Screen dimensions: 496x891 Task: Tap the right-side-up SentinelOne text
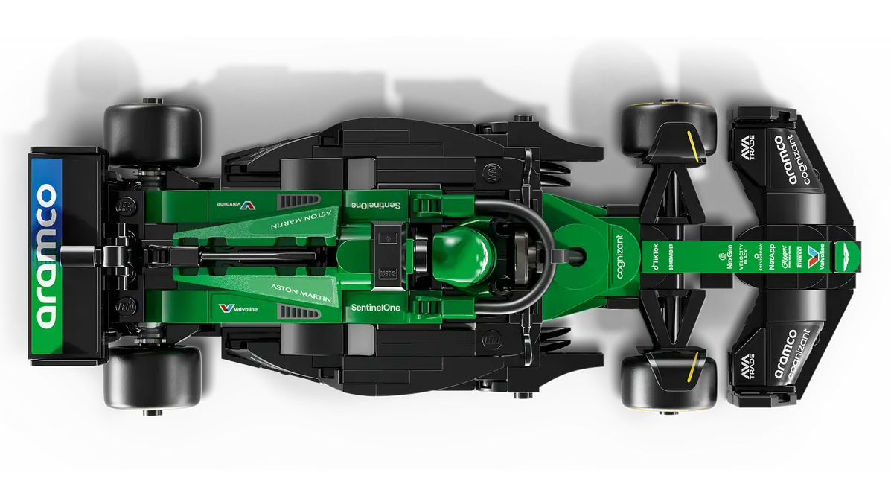point(374,307)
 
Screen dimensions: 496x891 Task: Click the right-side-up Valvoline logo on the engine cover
point(237,308)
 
